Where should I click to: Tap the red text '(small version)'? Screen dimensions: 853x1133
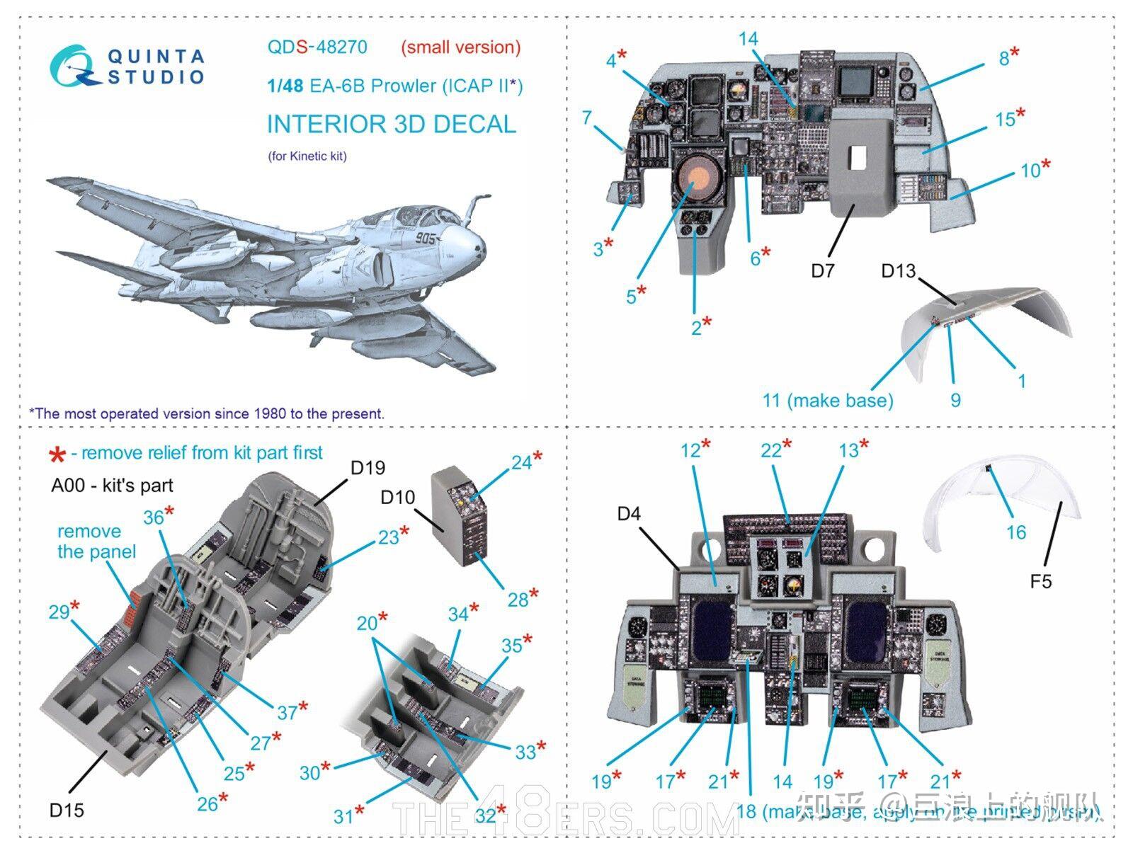tap(460, 47)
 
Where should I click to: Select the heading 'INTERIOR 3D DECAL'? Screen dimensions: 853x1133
tap(391, 124)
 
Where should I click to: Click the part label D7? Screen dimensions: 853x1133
tap(822, 270)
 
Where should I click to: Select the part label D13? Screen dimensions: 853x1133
tap(898, 271)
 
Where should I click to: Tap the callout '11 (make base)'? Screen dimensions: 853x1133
tap(827, 400)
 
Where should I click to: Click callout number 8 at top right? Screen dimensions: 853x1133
tap(1003, 59)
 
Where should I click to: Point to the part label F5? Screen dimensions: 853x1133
tap(1040, 581)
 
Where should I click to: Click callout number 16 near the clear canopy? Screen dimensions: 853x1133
tap(1015, 532)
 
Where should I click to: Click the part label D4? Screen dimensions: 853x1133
tap(628, 513)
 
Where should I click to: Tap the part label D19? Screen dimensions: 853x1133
tap(368, 467)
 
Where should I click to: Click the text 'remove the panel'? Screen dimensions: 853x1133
tap(96, 542)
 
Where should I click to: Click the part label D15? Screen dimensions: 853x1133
tap(66, 810)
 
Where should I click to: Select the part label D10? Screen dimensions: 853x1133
tap(397, 498)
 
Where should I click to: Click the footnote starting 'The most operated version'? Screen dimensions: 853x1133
tap(206, 413)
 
